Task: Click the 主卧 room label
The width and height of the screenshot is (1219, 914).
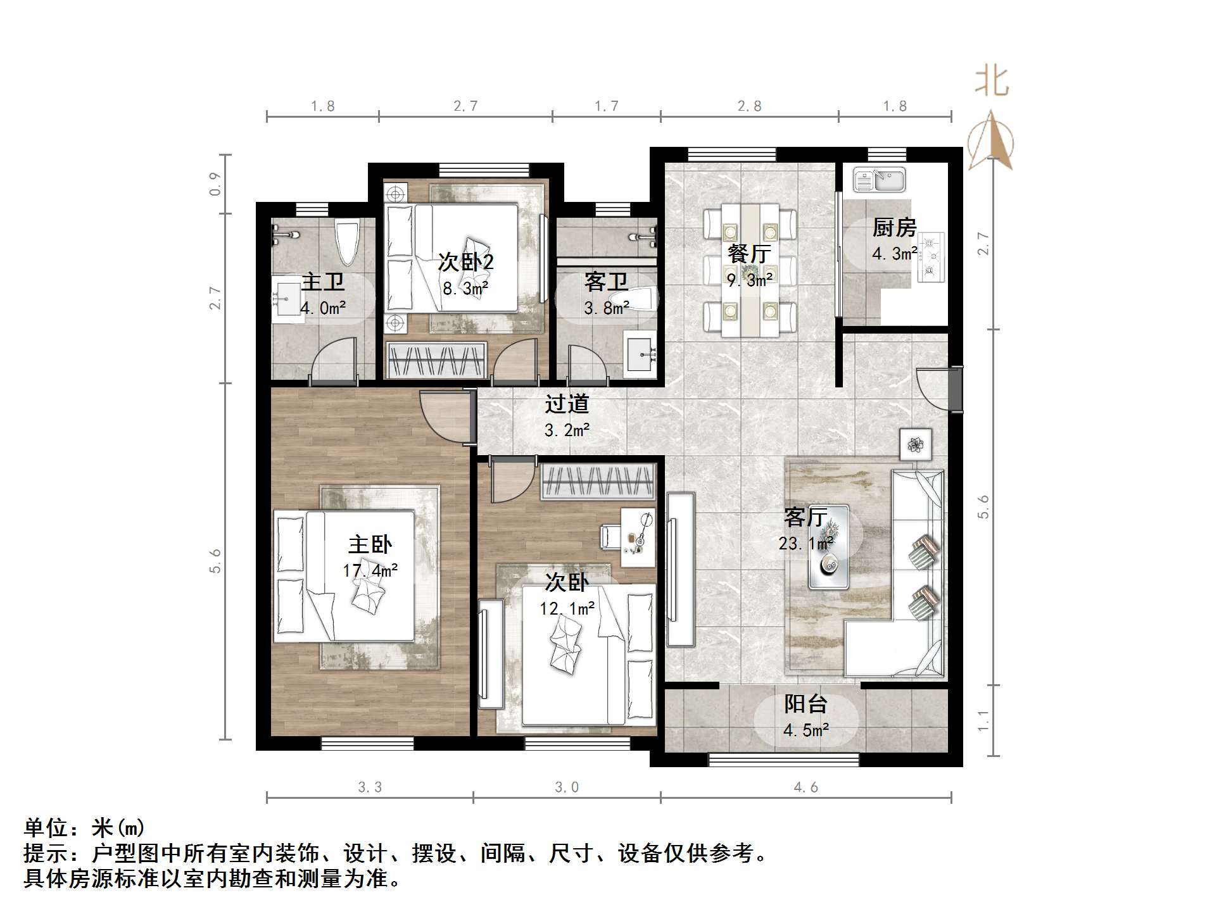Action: point(370,544)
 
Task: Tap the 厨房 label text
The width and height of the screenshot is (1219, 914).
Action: point(894,227)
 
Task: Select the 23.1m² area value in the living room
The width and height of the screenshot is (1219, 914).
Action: point(805,543)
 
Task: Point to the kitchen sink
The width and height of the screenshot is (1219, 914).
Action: point(880,179)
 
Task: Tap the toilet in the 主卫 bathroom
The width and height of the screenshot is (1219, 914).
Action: point(347,242)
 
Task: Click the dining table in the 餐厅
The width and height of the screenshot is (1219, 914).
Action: point(750,269)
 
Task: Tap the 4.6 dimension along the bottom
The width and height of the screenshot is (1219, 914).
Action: point(805,787)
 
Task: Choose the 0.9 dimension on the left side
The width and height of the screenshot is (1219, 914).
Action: point(215,184)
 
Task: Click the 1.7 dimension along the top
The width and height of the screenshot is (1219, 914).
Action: point(606,106)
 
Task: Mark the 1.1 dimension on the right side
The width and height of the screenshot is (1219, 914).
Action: point(983,720)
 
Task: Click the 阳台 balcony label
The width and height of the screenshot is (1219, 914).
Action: point(805,704)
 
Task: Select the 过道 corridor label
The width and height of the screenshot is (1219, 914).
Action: point(567,404)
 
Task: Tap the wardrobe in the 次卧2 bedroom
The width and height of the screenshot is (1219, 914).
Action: point(436,360)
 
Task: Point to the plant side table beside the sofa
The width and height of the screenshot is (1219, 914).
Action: point(916,445)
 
